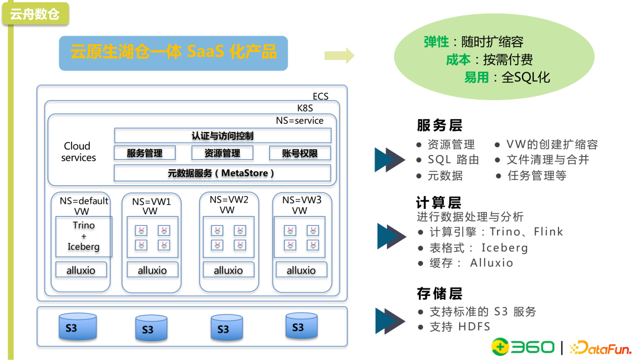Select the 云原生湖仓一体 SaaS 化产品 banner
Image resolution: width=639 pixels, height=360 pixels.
tap(173, 53)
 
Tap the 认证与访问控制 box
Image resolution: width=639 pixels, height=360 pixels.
tap(222, 136)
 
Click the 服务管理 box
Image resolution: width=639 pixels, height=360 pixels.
tap(144, 153)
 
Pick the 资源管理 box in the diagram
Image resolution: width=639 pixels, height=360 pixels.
tap(222, 153)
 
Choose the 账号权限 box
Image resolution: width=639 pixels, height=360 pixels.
tap(300, 153)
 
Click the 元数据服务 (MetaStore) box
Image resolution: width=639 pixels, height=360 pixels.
tap(222, 173)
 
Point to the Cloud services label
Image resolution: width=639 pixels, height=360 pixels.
tap(78, 152)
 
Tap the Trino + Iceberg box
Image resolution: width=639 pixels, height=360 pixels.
tap(83, 236)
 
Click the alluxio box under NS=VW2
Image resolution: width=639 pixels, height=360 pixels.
tap(228, 270)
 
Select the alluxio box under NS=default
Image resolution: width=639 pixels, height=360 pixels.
tap(80, 270)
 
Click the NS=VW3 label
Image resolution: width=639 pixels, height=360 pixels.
tap(301, 200)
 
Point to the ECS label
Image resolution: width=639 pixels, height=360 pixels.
tap(320, 97)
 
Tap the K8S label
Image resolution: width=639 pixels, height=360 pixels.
tap(305, 108)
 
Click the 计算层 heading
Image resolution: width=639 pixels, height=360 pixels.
tap(438, 202)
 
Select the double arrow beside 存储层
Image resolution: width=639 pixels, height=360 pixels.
tap(390, 320)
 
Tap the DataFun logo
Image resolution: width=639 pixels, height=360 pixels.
tap(600, 348)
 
